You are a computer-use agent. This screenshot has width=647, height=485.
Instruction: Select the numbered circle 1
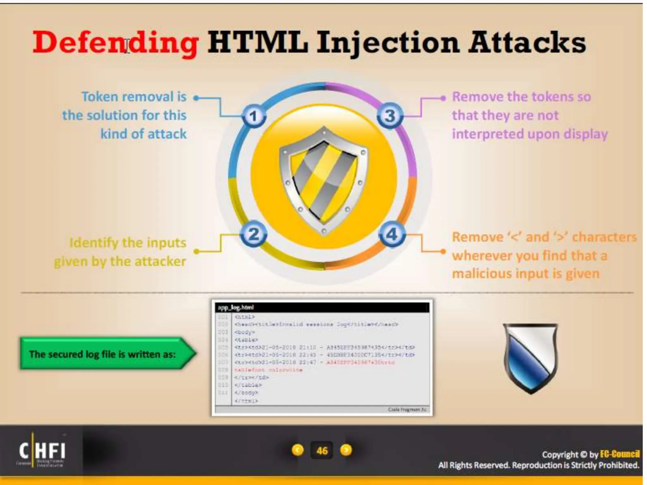(254, 116)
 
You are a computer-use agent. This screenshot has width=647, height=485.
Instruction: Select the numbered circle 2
(254, 234)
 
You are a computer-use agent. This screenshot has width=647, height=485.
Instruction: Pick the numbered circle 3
(390, 116)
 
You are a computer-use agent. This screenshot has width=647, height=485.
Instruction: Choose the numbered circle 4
(392, 234)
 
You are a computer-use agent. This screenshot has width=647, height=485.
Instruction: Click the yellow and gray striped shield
(324, 180)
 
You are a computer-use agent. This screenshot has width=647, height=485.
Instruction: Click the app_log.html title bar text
(236, 307)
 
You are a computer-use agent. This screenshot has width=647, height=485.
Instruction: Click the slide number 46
(322, 451)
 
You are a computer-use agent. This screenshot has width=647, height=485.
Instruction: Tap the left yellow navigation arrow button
(298, 450)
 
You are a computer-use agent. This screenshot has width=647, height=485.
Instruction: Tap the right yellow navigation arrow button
(346, 450)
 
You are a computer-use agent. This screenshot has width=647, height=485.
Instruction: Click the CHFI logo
(42, 451)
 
